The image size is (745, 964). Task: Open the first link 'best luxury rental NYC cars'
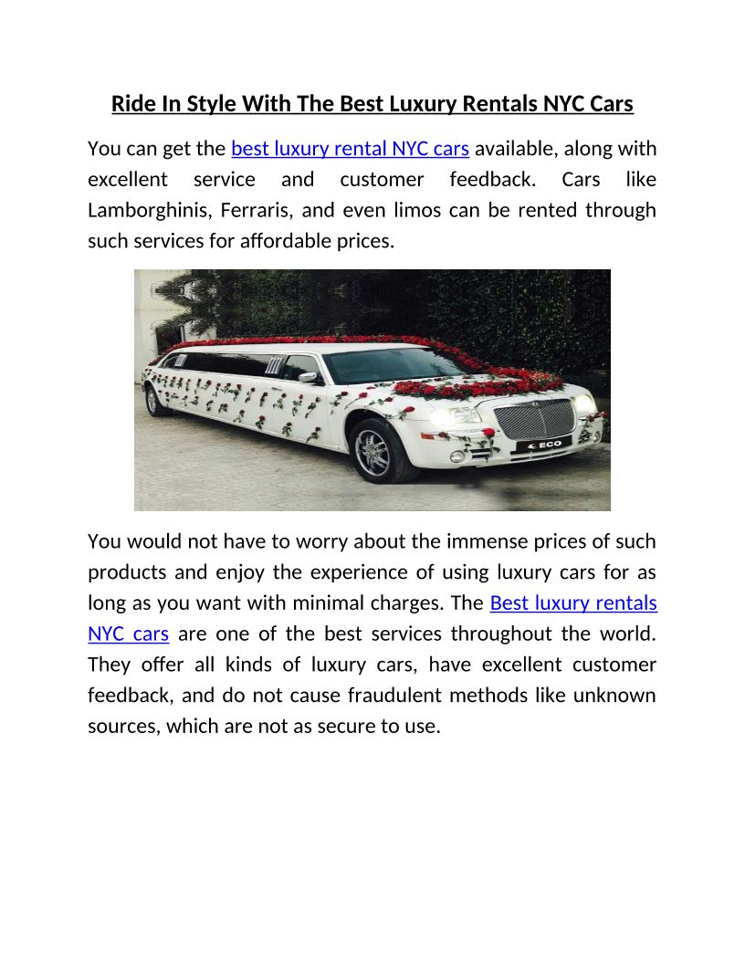(351, 148)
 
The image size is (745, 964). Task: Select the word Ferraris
(257, 210)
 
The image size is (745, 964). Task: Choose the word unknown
(615, 696)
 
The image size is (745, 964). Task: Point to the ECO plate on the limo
(542, 443)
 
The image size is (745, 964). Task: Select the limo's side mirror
(307, 376)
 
